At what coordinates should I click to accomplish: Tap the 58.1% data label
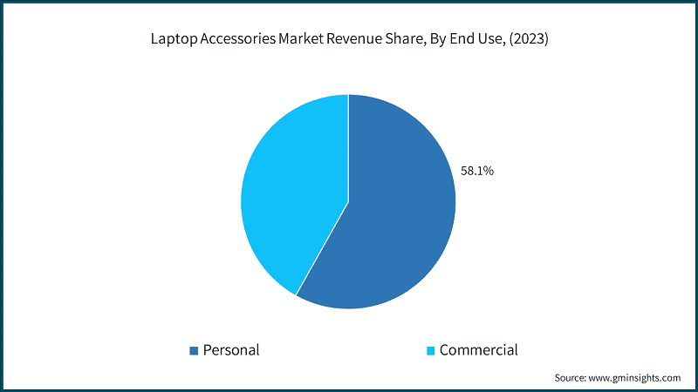coord(477,172)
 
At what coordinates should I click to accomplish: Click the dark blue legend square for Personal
coord(194,351)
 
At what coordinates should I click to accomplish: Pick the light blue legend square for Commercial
coord(429,351)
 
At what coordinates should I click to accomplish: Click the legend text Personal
coord(231,350)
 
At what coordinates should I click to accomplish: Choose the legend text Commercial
coord(478,350)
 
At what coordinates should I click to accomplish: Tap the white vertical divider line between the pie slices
coord(348,148)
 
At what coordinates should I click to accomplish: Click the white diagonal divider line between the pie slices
coord(323,248)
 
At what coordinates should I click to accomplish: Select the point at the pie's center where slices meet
coord(348,202)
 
